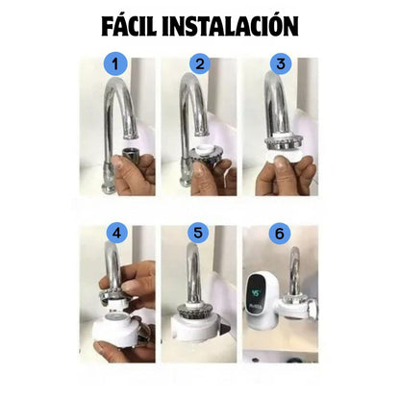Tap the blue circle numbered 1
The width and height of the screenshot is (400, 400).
pyautogui.click(x=116, y=67)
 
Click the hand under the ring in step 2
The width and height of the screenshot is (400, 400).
pyautogui.click(x=207, y=178)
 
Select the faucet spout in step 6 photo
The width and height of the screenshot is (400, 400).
pyautogui.click(x=293, y=274)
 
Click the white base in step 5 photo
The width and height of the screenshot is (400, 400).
pyautogui.click(x=197, y=332)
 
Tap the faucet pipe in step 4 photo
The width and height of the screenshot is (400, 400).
pyautogui.click(x=112, y=269)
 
